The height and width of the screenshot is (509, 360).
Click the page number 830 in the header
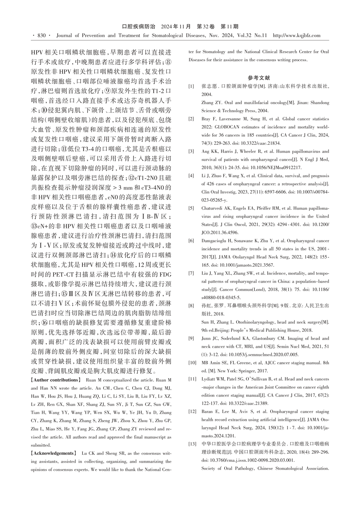(41, 35)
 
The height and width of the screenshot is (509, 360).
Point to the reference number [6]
(191, 241)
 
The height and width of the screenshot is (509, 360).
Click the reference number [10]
(192, 363)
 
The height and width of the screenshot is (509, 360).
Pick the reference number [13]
(192, 444)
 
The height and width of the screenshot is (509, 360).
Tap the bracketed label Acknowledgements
(52, 453)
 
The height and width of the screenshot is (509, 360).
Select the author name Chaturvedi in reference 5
(213, 208)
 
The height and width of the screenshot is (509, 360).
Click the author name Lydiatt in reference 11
(208, 379)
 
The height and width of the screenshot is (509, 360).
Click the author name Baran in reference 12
(207, 412)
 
